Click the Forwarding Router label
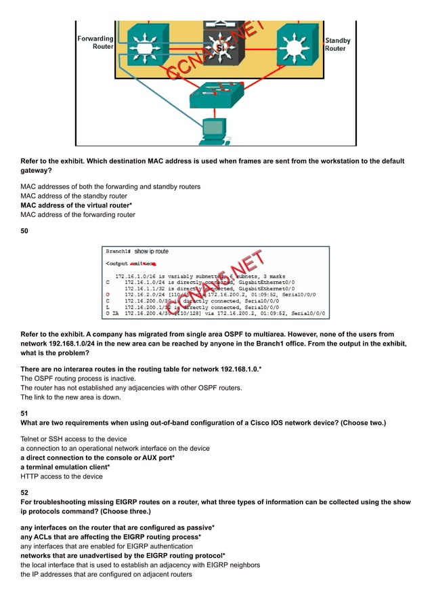94,43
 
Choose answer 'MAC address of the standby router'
73,196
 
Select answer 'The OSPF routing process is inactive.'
79,377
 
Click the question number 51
24,413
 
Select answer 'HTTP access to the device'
62,476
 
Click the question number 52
24,493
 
